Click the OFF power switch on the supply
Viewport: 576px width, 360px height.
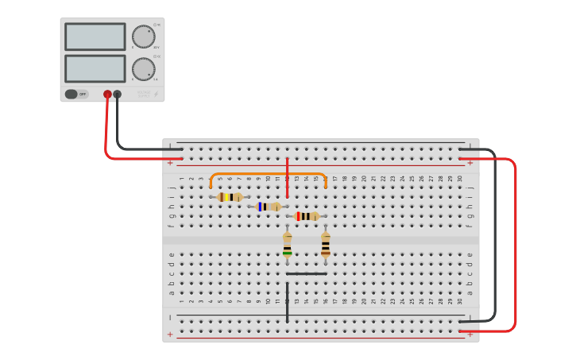[76, 94]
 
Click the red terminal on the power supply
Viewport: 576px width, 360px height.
[107, 94]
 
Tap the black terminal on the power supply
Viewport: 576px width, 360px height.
[118, 94]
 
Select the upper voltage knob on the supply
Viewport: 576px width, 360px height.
[143, 37]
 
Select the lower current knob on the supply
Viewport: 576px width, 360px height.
[143, 69]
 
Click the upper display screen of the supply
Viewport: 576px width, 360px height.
[95, 37]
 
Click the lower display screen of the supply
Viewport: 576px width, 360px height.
[95, 68]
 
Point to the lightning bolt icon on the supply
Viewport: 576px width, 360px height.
[156, 94]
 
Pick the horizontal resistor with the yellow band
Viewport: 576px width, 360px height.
[230, 197]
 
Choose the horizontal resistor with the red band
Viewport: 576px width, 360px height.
[306, 216]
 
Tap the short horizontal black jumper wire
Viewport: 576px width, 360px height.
[306, 273]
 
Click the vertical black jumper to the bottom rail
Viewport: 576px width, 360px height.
[287, 302]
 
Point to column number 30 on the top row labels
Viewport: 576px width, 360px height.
[459, 179]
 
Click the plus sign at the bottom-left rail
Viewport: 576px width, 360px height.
[170, 334]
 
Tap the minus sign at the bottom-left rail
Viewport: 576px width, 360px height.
[170, 317]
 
